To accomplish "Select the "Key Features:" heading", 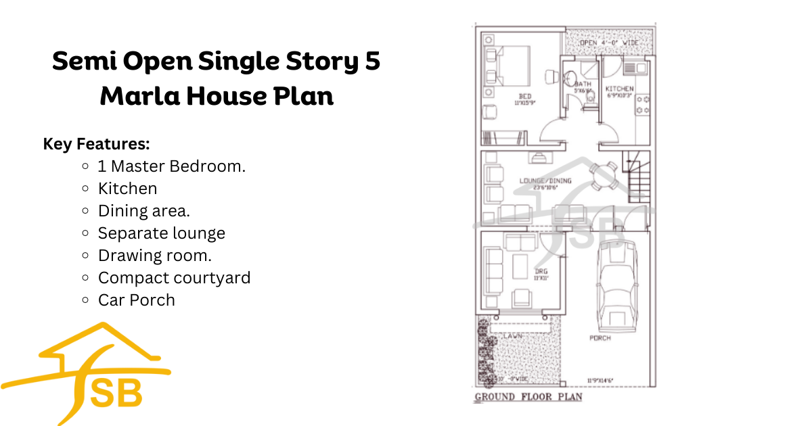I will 96,144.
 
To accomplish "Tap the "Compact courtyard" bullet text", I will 174,278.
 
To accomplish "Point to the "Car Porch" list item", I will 136,300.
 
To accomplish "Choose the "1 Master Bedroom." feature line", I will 171,166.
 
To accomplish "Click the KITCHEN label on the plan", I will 619,89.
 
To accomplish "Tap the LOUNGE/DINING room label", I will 545,181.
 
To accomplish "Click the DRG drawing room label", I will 539,271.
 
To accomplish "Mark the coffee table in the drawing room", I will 520,266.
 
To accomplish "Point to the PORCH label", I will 600,338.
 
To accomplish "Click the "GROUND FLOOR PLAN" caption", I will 528,397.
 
